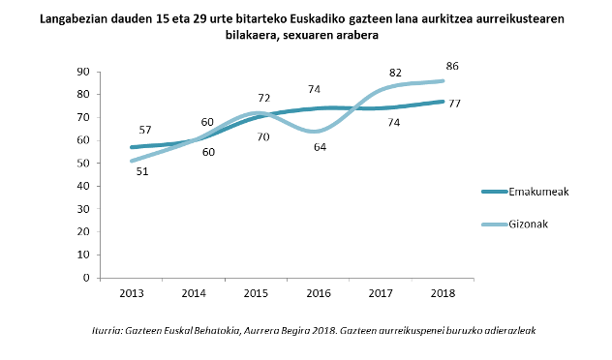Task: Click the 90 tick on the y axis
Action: click(x=83, y=72)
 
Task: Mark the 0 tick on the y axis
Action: click(x=86, y=278)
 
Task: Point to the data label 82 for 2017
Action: click(x=395, y=73)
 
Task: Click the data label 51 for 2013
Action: click(x=141, y=171)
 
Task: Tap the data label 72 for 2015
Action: click(x=263, y=99)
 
